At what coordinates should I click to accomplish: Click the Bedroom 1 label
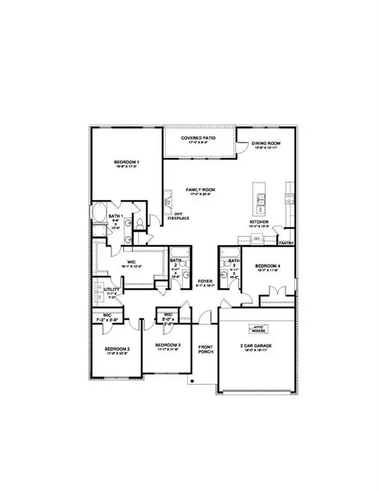click(x=127, y=163)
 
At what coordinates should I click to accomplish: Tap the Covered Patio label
click(x=200, y=137)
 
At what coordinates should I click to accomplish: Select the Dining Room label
click(x=267, y=144)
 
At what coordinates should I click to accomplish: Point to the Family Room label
click(x=200, y=190)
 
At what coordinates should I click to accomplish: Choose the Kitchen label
click(x=259, y=222)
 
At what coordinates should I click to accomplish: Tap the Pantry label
click(x=286, y=243)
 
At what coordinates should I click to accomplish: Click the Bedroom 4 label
click(x=268, y=265)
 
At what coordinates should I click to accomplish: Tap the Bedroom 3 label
click(x=168, y=345)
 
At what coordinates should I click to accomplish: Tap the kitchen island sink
click(x=261, y=203)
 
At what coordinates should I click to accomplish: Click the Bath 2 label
click(x=176, y=261)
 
